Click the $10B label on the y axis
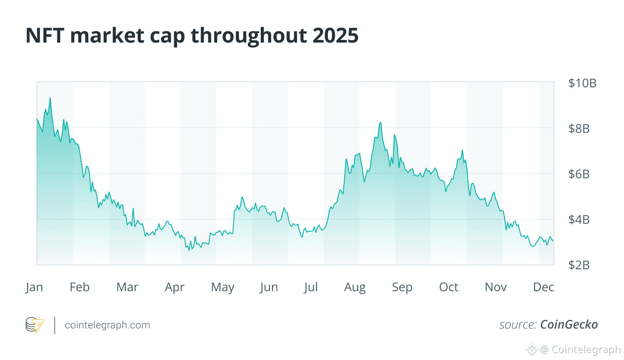click(582, 83)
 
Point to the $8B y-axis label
click(579, 129)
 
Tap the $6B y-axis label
click(579, 174)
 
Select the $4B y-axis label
click(579, 219)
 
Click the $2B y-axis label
click(579, 265)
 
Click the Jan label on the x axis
click(34, 287)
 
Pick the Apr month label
click(174, 287)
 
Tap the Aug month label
click(355, 287)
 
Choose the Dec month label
click(544, 287)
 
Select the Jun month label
click(269, 287)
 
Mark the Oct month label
click(448, 287)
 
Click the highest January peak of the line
click(50, 98)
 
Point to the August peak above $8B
click(380, 123)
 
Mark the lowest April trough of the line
click(189, 250)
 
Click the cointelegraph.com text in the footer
click(107, 325)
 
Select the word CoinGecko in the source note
click(569, 325)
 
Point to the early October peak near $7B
click(462, 150)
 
